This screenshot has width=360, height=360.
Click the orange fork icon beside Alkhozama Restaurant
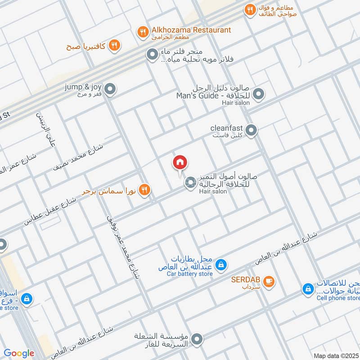point(143,31)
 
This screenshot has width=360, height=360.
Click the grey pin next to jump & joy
point(110,89)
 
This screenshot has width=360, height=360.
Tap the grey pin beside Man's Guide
point(258,94)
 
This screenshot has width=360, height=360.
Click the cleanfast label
point(226,128)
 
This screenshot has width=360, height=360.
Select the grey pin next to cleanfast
point(251,130)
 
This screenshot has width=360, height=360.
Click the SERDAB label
point(246,279)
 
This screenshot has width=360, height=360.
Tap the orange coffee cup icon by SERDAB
point(269,281)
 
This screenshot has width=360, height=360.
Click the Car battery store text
point(189,274)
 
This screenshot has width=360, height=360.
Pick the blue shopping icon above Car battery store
point(220,265)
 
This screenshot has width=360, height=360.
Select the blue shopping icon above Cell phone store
point(308,288)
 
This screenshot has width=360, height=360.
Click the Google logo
point(19,353)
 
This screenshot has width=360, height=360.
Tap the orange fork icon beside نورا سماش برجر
point(144,190)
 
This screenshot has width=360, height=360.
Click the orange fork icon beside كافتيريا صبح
point(115,45)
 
